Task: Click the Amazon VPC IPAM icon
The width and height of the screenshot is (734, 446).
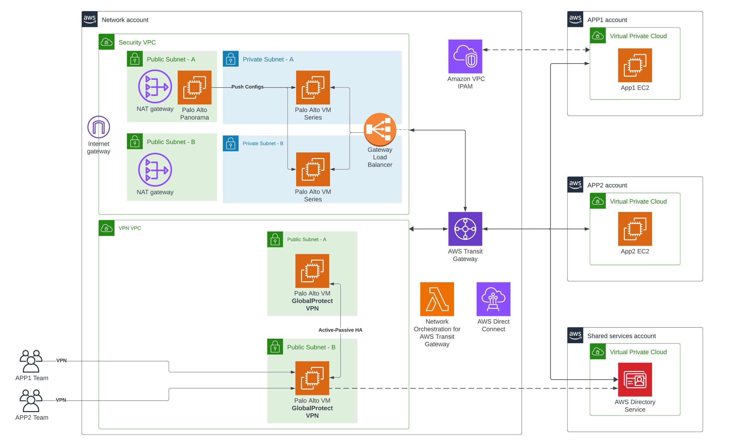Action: click(x=465, y=56)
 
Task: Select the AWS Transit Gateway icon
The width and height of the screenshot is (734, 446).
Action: click(x=465, y=229)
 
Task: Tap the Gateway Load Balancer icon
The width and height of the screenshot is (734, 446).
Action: click(x=380, y=129)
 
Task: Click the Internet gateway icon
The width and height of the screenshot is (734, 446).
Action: click(x=99, y=127)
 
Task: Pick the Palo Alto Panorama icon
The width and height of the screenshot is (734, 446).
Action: click(x=194, y=87)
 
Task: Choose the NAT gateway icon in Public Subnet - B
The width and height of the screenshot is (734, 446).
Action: click(x=155, y=170)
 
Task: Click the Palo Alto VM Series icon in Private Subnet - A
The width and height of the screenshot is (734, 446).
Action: click(x=313, y=87)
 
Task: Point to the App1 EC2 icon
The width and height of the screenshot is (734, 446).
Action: click(x=635, y=65)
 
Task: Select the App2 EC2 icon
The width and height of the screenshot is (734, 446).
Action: click(x=635, y=229)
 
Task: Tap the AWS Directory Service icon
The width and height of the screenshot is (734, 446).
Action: click(x=635, y=379)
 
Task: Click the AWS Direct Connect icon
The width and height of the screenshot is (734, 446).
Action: click(x=493, y=299)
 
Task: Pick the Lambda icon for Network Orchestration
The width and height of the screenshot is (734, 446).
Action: click(x=437, y=299)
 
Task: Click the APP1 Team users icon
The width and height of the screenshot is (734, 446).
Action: click(x=31, y=361)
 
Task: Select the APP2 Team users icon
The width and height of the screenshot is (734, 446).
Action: click(x=31, y=400)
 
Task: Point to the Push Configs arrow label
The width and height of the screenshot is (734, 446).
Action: click(x=247, y=87)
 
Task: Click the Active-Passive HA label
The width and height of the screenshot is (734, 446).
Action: click(x=340, y=330)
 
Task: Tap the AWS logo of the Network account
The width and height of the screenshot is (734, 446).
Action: click(x=90, y=19)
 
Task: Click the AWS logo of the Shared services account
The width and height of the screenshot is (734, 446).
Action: click(x=575, y=335)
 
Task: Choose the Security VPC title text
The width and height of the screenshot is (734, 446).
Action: click(x=137, y=42)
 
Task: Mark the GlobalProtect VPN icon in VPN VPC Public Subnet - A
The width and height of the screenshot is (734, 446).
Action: click(x=312, y=271)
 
